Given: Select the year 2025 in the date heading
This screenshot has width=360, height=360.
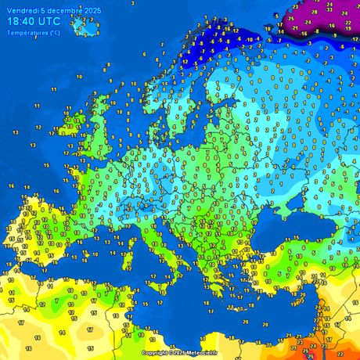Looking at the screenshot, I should pos(92,10).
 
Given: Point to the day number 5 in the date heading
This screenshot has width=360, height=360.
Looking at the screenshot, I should pos(45,10).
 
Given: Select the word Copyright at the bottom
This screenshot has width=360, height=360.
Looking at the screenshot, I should pos(155,353).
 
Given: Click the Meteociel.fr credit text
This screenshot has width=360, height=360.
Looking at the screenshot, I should pos(206,353).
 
